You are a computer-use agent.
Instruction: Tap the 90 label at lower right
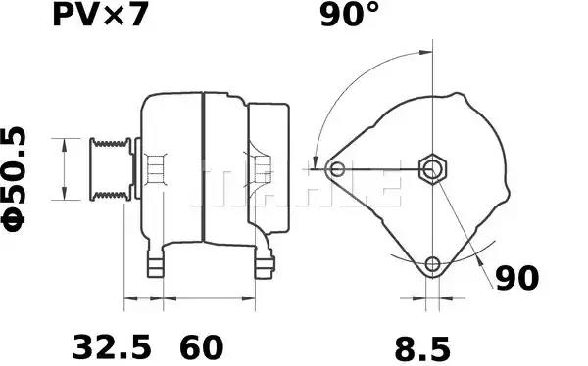tap(516, 279)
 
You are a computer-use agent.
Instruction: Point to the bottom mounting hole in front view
tap(432, 263)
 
